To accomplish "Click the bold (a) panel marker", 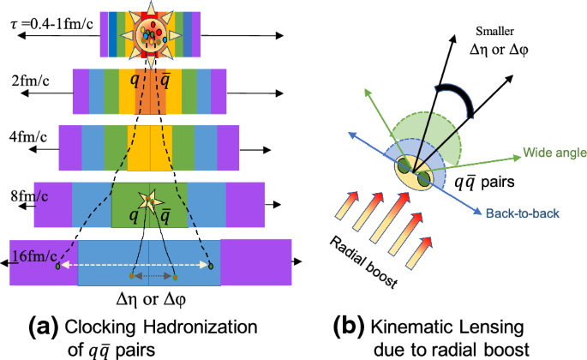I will click(x=40, y=326).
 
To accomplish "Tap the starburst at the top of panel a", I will click(x=150, y=33).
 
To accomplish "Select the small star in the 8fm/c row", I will click(x=148, y=199).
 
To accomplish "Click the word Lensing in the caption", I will click(x=485, y=326).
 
